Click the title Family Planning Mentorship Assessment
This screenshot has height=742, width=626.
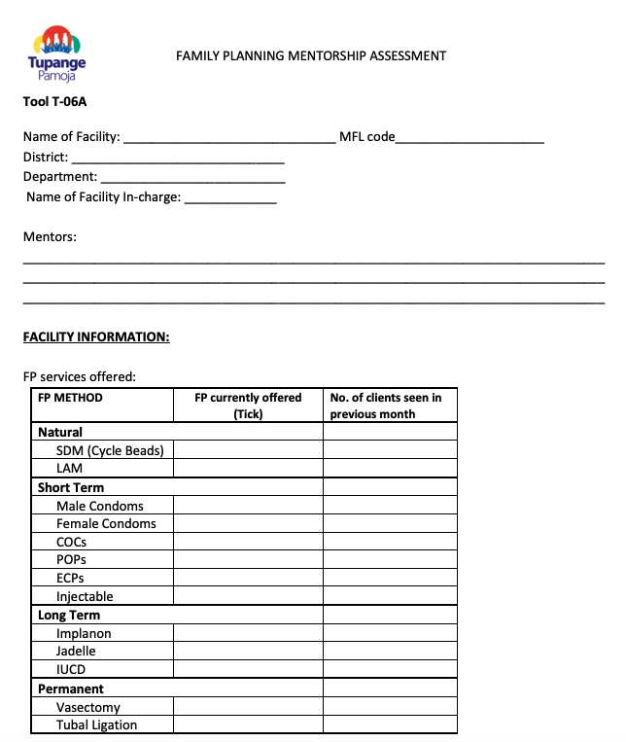pyautogui.click(x=311, y=55)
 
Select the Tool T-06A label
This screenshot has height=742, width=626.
pyautogui.click(x=54, y=101)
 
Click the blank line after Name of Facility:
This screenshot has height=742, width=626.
pyautogui.click(x=229, y=138)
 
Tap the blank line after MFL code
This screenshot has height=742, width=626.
pyautogui.click(x=470, y=138)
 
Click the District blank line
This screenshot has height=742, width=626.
pyautogui.click(x=178, y=158)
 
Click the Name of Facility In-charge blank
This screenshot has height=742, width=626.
pyautogui.click(x=230, y=198)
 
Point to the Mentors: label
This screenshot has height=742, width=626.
pyautogui.click(x=50, y=236)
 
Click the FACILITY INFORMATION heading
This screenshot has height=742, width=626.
pyautogui.click(x=96, y=337)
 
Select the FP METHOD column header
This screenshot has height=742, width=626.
pyautogui.click(x=70, y=398)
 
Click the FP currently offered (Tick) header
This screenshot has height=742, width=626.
pyautogui.click(x=248, y=406)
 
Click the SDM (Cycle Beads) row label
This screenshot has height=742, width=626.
pyautogui.click(x=110, y=450)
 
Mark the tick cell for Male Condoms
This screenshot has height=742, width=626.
pyautogui.click(x=248, y=506)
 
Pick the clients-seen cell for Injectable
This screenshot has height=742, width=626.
pyautogui.click(x=389, y=596)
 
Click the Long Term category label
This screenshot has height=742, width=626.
pyautogui.click(x=69, y=615)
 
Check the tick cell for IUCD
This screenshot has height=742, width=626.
pyautogui.click(x=248, y=669)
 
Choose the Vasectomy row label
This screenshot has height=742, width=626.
pyautogui.click(x=88, y=707)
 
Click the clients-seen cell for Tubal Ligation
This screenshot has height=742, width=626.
pyautogui.click(x=389, y=724)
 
